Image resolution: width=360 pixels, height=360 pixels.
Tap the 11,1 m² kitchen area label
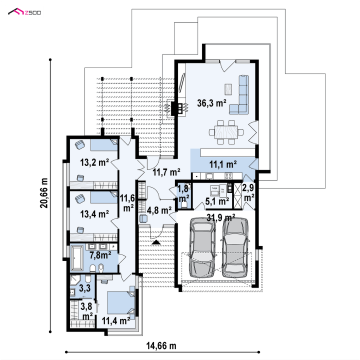pyautogui.click(x=223, y=164)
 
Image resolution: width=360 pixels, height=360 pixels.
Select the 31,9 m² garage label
pyautogui.click(x=221, y=218)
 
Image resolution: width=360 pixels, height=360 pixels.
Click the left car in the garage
pyautogui.click(x=202, y=248)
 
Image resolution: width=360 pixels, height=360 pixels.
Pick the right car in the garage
pyautogui.click(x=236, y=247)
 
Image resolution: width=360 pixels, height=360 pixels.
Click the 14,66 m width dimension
pyautogui.click(x=161, y=346)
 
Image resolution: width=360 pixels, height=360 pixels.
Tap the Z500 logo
pyautogui.click(x=24, y=13)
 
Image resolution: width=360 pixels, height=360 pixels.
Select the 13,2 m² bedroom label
pyautogui.click(x=95, y=163)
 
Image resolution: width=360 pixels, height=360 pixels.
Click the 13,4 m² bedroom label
pyautogui.click(x=95, y=214)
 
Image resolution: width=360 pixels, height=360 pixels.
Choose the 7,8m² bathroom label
pyautogui.click(x=100, y=256)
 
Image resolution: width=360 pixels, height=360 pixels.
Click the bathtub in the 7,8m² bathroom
pyautogui.click(x=76, y=257)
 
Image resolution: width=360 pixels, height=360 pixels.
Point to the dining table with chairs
pyautogui.click(x=226, y=132)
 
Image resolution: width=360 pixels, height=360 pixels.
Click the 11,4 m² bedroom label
pyautogui.click(x=116, y=321)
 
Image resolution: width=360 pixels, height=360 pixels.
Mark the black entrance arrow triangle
pyautogui.click(x=156, y=242)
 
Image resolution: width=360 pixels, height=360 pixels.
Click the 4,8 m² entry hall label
pyautogui.click(x=159, y=210)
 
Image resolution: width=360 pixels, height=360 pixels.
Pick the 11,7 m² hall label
pyautogui.click(x=167, y=172)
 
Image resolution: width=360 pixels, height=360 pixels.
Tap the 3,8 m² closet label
pyautogui.click(x=87, y=310)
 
